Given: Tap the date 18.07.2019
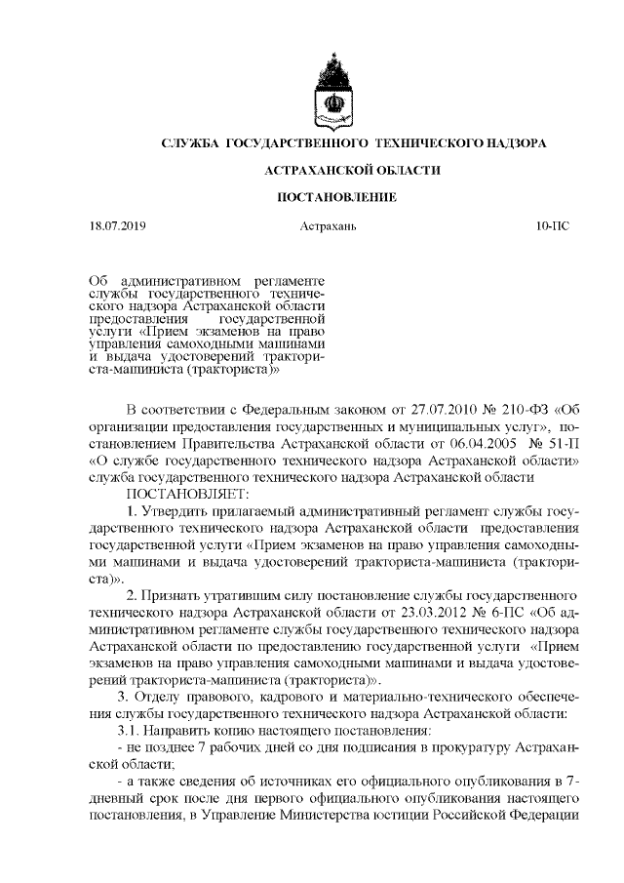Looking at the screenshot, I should point(115,227).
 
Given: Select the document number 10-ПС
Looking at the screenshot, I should point(553,227).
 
